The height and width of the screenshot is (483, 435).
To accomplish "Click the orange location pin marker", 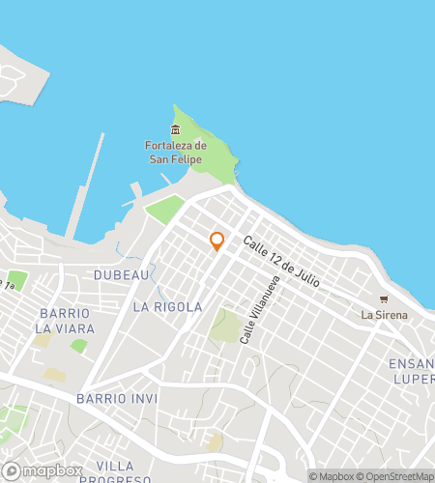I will click(x=217, y=241).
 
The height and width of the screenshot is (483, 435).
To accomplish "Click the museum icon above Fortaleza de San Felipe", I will click(x=175, y=130).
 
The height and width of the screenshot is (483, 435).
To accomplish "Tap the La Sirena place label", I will click(x=384, y=315).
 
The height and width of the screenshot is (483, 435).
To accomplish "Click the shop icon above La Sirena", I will click(x=384, y=299).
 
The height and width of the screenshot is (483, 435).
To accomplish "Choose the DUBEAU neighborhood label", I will click(x=121, y=275).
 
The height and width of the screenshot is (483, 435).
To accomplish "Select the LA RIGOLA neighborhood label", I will click(x=167, y=307).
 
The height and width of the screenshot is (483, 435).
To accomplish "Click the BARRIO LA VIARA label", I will click(x=65, y=321).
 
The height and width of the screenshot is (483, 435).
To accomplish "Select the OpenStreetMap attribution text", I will click(x=396, y=475).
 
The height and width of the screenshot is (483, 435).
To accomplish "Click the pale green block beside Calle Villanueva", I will click(x=226, y=326).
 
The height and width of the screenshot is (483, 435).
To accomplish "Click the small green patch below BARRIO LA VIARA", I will click(x=78, y=345).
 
